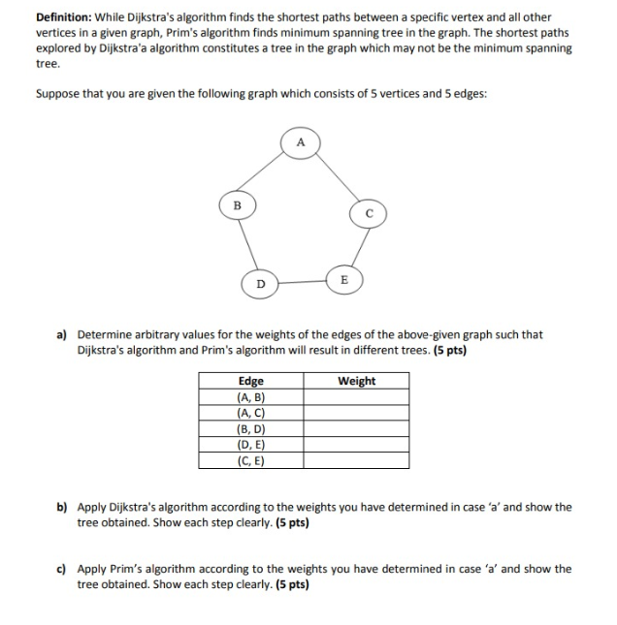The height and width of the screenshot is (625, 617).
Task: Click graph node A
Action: [301, 143]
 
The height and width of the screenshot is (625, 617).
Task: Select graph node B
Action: [236, 205]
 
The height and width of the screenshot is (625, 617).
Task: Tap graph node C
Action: [370, 213]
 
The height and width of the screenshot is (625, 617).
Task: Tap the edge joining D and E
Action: [302, 281]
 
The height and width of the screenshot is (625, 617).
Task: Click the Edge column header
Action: [250, 381]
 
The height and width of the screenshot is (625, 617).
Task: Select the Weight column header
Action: [356, 381]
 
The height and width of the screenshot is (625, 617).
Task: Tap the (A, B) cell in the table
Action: [250, 397]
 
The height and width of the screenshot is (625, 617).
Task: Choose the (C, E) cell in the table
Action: [250, 460]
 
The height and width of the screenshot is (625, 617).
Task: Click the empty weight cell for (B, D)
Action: [356, 429]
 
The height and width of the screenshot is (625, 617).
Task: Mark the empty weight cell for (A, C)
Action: [356, 413]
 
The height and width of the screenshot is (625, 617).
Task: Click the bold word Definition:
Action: [65, 17]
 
